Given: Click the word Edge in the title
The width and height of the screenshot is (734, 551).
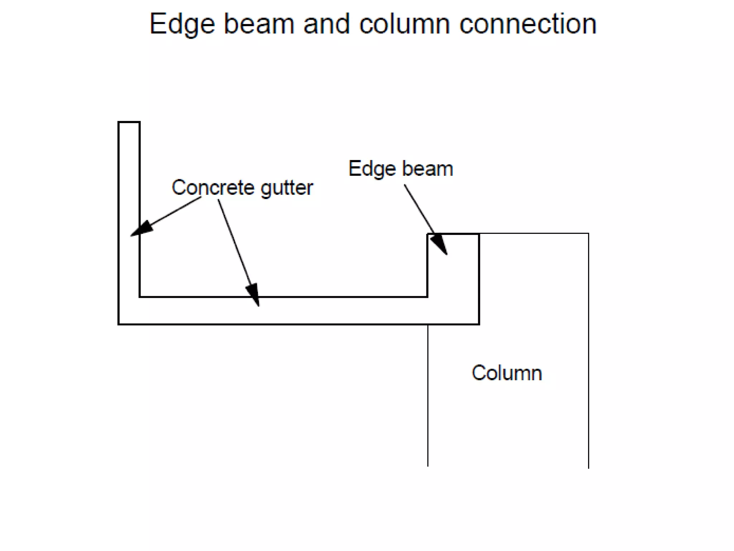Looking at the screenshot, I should pyautogui.click(x=182, y=24).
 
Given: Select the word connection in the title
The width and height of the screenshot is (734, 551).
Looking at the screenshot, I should pyautogui.click(x=528, y=24).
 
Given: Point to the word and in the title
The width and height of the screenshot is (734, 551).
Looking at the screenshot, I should pyautogui.click(x=327, y=24).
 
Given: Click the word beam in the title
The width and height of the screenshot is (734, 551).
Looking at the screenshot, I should pyautogui.click(x=259, y=24).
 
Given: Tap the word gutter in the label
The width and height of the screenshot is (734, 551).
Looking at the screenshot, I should pyautogui.click(x=287, y=188).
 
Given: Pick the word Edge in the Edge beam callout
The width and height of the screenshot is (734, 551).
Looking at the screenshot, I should pyautogui.click(x=372, y=169).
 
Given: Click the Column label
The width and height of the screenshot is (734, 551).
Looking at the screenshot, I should pyautogui.click(x=507, y=373).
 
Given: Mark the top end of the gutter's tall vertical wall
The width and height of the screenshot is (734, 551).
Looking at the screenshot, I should pyautogui.click(x=129, y=122).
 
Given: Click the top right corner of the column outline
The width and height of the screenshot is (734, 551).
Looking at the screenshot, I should pyautogui.click(x=588, y=234).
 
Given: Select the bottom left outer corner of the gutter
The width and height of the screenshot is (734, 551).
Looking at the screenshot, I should pyautogui.click(x=119, y=324).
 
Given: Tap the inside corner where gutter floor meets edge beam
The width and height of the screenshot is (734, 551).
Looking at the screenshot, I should pyautogui.click(x=427, y=297).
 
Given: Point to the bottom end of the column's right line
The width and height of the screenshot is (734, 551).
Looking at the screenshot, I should pyautogui.click(x=588, y=467).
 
